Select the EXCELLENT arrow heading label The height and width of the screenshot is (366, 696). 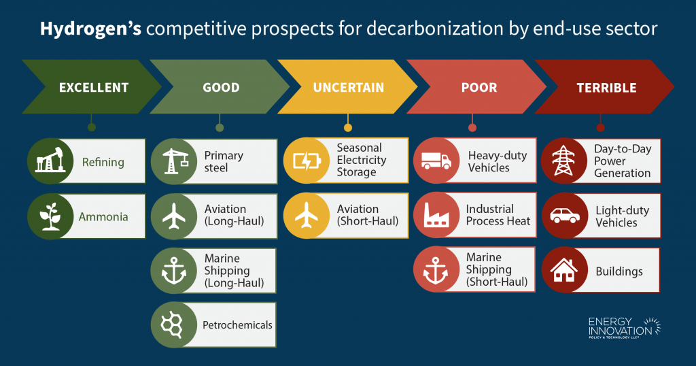[94, 87]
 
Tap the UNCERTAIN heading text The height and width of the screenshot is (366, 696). [348, 87]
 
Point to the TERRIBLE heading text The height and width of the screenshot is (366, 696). [606, 87]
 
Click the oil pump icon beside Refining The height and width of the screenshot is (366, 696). [50, 161]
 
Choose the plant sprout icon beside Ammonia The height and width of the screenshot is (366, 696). [50, 216]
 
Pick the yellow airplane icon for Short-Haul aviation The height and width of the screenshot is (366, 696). [305, 216]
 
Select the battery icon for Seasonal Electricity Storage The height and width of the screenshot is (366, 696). [305, 161]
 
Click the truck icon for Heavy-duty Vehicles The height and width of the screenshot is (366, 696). [436, 161]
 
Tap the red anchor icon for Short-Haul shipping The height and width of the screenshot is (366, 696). [436, 269]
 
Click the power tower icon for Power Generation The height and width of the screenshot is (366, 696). [563, 161]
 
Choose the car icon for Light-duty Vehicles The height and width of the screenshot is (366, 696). [563, 216]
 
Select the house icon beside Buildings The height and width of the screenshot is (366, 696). [563, 271]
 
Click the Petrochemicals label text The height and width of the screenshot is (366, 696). [237, 325]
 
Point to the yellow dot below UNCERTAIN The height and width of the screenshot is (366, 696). [348, 127]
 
